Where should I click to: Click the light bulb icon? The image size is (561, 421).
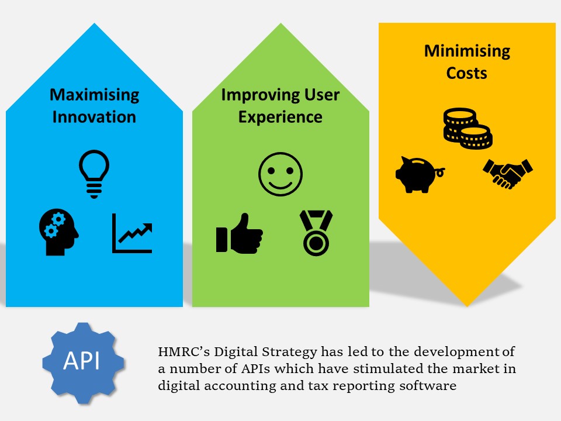pyautogui.click(x=94, y=174)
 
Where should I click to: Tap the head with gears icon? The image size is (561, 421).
pyautogui.click(x=58, y=232)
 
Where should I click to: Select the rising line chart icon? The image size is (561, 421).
pyautogui.click(x=132, y=233)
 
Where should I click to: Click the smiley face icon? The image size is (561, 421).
pyautogui.click(x=280, y=174)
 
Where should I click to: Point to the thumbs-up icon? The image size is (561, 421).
pyautogui.click(x=240, y=233)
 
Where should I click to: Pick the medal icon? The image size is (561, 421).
pyautogui.click(x=316, y=233)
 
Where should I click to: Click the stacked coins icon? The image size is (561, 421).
pyautogui.click(x=467, y=128)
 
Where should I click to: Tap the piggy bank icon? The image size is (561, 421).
pyautogui.click(x=420, y=175)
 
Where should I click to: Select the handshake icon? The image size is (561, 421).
pyautogui.click(x=508, y=174)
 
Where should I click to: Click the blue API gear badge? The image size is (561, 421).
pyautogui.click(x=84, y=363)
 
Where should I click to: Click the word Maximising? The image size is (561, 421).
pyautogui.click(x=95, y=95)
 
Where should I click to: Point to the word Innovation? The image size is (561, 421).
pyautogui.click(x=95, y=117)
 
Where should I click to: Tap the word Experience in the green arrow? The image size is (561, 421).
pyautogui.click(x=280, y=118)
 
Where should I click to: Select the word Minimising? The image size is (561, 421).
pyautogui.click(x=467, y=51)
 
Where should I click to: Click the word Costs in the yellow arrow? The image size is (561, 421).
pyautogui.click(x=467, y=73)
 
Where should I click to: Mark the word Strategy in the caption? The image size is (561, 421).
pyautogui.click(x=289, y=352)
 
